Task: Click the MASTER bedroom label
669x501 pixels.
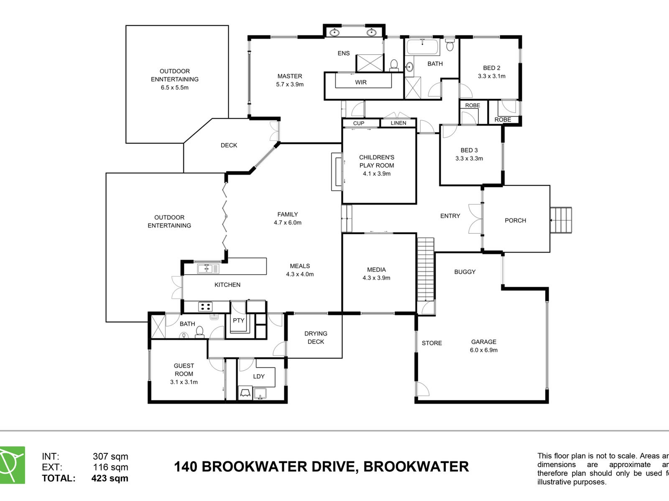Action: click(x=290, y=76)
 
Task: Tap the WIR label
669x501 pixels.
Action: click(x=361, y=82)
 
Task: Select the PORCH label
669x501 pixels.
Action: click(x=515, y=220)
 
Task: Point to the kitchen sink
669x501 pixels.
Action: click(x=208, y=268)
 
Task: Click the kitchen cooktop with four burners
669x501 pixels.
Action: click(x=205, y=307)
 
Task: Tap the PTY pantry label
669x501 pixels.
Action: click(x=238, y=321)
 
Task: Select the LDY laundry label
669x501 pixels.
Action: click(x=259, y=376)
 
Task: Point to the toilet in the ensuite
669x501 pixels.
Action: click(x=394, y=65)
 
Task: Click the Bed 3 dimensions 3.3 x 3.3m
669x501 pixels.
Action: click(x=469, y=159)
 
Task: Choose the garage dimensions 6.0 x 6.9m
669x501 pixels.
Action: click(x=484, y=350)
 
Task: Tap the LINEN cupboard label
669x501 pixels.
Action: click(x=398, y=123)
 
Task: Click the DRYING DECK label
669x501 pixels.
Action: click(x=316, y=337)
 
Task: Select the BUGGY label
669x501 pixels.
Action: click(x=465, y=272)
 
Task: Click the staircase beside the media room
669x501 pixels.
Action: click(x=426, y=269)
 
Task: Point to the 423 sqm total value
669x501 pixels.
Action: click(x=110, y=478)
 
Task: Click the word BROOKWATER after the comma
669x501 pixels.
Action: click(x=416, y=466)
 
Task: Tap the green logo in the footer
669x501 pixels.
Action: click(x=12, y=465)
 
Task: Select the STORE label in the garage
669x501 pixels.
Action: click(x=432, y=343)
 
